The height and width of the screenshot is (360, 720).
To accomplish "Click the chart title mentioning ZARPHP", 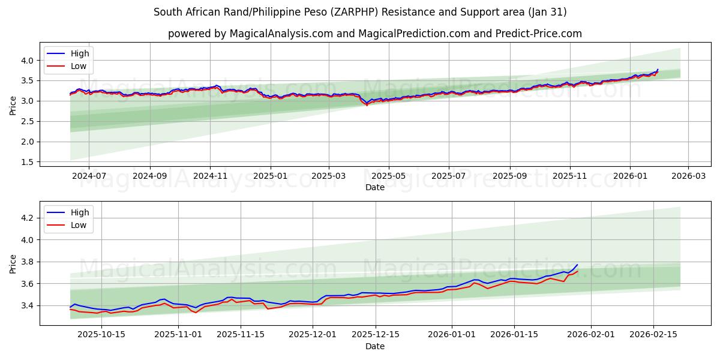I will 360,12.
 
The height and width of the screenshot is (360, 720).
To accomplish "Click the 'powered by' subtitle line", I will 374,34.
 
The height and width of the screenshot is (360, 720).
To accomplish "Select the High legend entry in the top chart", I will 79,53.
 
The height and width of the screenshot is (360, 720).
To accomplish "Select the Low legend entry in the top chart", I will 79,66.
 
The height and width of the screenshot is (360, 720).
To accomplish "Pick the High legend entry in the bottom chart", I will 79,212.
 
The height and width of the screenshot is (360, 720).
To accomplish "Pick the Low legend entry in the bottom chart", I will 79,225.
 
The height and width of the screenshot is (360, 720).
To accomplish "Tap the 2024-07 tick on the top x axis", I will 89,176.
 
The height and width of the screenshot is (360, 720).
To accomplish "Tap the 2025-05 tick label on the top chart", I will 388,176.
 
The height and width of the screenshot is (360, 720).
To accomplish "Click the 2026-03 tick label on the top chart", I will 688,176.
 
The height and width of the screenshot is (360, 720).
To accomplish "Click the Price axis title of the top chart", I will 13,106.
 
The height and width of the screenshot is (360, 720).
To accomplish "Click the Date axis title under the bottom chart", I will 374,346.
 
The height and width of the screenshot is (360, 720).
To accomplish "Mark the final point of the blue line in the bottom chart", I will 577,265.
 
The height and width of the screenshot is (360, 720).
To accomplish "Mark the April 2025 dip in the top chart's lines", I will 367,104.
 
